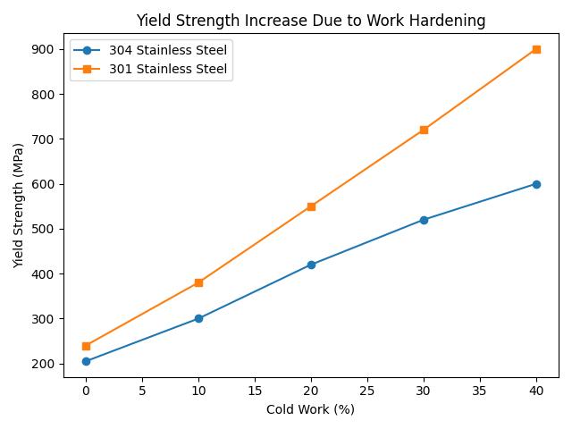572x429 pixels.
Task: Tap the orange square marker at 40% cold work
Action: [536, 49]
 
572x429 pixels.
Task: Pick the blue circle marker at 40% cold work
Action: [536, 184]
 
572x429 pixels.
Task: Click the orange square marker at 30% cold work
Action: [424, 130]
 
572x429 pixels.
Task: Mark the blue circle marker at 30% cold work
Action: [424, 220]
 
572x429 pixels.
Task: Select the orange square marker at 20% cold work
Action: [311, 206]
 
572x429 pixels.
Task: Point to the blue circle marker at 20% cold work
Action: [311, 265]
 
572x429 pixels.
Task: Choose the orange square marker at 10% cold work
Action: [198, 282]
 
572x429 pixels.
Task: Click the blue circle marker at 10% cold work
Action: [198, 318]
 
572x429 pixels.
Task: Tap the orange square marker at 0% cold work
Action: [86, 346]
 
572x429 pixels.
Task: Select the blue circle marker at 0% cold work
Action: [86, 361]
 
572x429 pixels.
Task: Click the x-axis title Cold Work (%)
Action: [311, 410]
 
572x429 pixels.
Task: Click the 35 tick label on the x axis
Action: [480, 391]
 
